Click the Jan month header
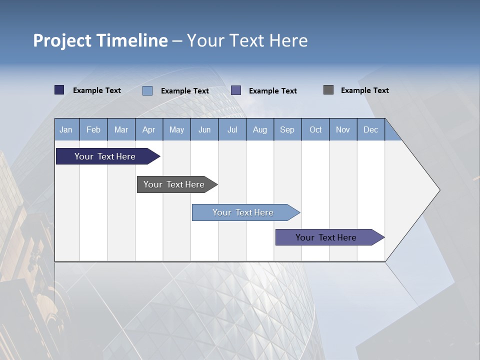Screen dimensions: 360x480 pos(66,129)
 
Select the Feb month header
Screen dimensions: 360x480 pos(93,129)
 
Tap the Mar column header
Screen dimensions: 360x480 pos(121,129)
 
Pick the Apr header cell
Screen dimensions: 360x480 pos(149,129)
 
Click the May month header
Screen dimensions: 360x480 pos(176,129)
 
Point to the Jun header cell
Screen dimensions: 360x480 pos(204,129)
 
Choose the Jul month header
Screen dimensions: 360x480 pos(232,129)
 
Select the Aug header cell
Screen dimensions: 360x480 pos(260,129)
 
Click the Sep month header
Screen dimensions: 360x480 pos(287,129)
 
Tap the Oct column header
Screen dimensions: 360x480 pos(315,129)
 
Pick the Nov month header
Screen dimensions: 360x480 pos(343,129)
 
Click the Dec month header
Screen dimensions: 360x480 pos(371,129)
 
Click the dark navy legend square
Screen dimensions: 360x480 pos(59,90)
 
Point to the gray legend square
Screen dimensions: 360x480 pos(328,90)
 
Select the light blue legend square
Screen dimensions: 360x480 pos(147,90)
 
